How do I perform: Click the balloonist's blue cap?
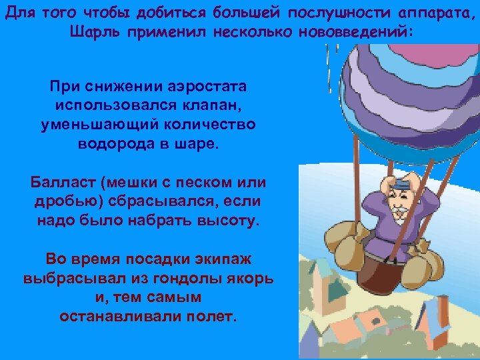click(401, 181)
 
